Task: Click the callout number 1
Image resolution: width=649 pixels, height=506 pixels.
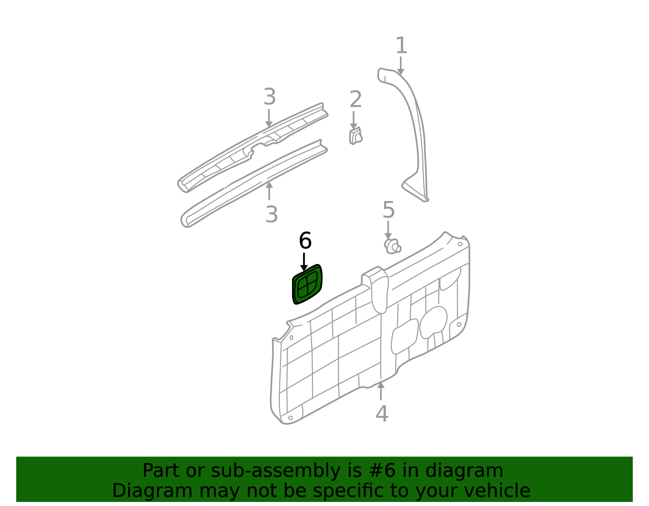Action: pyautogui.click(x=401, y=45)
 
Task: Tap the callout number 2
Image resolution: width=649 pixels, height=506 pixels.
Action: pyautogui.click(x=355, y=99)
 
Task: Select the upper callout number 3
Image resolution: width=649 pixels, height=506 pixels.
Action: pyautogui.click(x=269, y=96)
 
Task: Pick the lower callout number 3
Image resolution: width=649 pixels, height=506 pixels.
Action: pyautogui.click(x=271, y=214)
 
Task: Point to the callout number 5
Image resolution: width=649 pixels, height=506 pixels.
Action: pyautogui.click(x=389, y=209)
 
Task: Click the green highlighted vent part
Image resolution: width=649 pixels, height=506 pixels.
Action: pyautogui.click(x=307, y=284)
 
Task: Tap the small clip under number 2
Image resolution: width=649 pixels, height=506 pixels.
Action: pyautogui.click(x=355, y=136)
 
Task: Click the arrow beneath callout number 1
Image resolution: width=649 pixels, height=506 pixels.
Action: pyautogui.click(x=400, y=66)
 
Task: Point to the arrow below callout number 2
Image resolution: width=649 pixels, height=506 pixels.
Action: pyautogui.click(x=354, y=120)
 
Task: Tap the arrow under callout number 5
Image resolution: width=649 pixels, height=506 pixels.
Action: pyautogui.click(x=388, y=230)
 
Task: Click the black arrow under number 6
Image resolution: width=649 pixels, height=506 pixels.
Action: pyautogui.click(x=304, y=262)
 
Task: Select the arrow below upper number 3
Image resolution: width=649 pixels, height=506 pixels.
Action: pyautogui.click(x=269, y=118)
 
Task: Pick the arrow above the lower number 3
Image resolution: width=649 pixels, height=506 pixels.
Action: pyautogui.click(x=269, y=191)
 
